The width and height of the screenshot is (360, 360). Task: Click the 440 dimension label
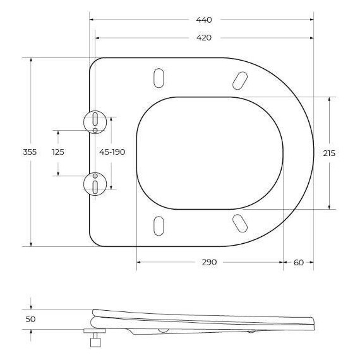point(203,20)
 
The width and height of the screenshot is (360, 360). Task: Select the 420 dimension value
point(203,37)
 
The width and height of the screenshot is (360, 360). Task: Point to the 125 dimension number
point(58,152)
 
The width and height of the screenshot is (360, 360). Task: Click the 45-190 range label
point(112,152)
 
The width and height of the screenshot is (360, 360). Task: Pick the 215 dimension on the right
point(329,153)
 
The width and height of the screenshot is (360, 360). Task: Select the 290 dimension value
point(209,262)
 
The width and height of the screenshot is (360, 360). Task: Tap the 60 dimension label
point(299,262)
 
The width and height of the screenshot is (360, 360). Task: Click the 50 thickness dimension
point(30,320)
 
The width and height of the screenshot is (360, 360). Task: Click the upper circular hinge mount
point(94,121)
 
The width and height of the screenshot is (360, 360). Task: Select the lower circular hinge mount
point(94,184)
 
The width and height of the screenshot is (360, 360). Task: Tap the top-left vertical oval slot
point(158,78)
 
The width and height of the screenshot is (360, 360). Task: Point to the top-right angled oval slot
point(240,79)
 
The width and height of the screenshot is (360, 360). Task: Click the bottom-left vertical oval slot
point(158,225)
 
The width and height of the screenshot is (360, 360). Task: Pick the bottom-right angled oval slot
point(240,222)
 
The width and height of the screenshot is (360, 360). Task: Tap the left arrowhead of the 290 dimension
point(139,262)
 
